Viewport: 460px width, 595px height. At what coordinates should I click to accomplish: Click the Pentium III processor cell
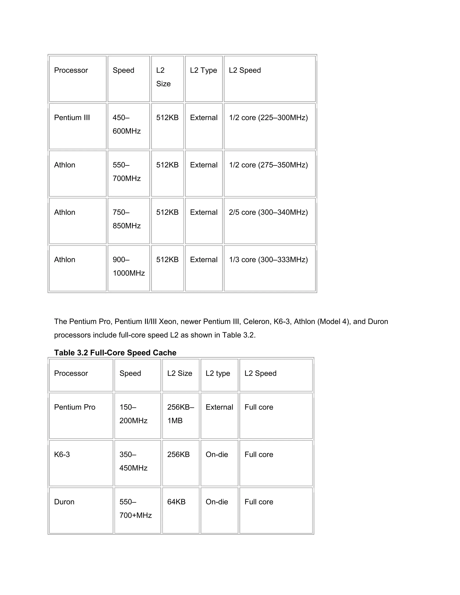[x=72, y=118]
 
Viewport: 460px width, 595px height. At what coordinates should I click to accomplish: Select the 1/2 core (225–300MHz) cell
[x=268, y=118]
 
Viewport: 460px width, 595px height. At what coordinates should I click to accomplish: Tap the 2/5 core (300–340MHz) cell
[x=268, y=212]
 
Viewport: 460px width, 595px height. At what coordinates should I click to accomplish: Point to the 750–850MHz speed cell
[x=126, y=219]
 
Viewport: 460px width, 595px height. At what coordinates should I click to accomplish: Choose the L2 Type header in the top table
[x=203, y=70]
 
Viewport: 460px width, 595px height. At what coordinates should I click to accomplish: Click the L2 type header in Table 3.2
[x=218, y=373]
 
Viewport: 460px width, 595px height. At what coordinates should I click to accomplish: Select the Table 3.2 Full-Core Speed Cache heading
[x=115, y=353]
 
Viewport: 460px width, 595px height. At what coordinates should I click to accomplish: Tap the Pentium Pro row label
[x=75, y=407]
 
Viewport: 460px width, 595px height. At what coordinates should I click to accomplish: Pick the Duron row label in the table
[x=64, y=502]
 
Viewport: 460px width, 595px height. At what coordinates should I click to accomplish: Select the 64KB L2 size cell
[x=176, y=502]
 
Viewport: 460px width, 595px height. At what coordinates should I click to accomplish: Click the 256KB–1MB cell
[x=180, y=414]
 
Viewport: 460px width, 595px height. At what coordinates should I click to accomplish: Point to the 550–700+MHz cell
[x=135, y=509]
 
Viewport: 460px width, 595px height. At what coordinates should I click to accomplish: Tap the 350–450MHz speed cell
[x=133, y=461]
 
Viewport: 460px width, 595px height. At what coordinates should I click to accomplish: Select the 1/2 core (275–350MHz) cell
[x=268, y=165]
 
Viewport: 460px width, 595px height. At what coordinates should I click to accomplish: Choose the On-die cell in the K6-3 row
[x=217, y=455]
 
